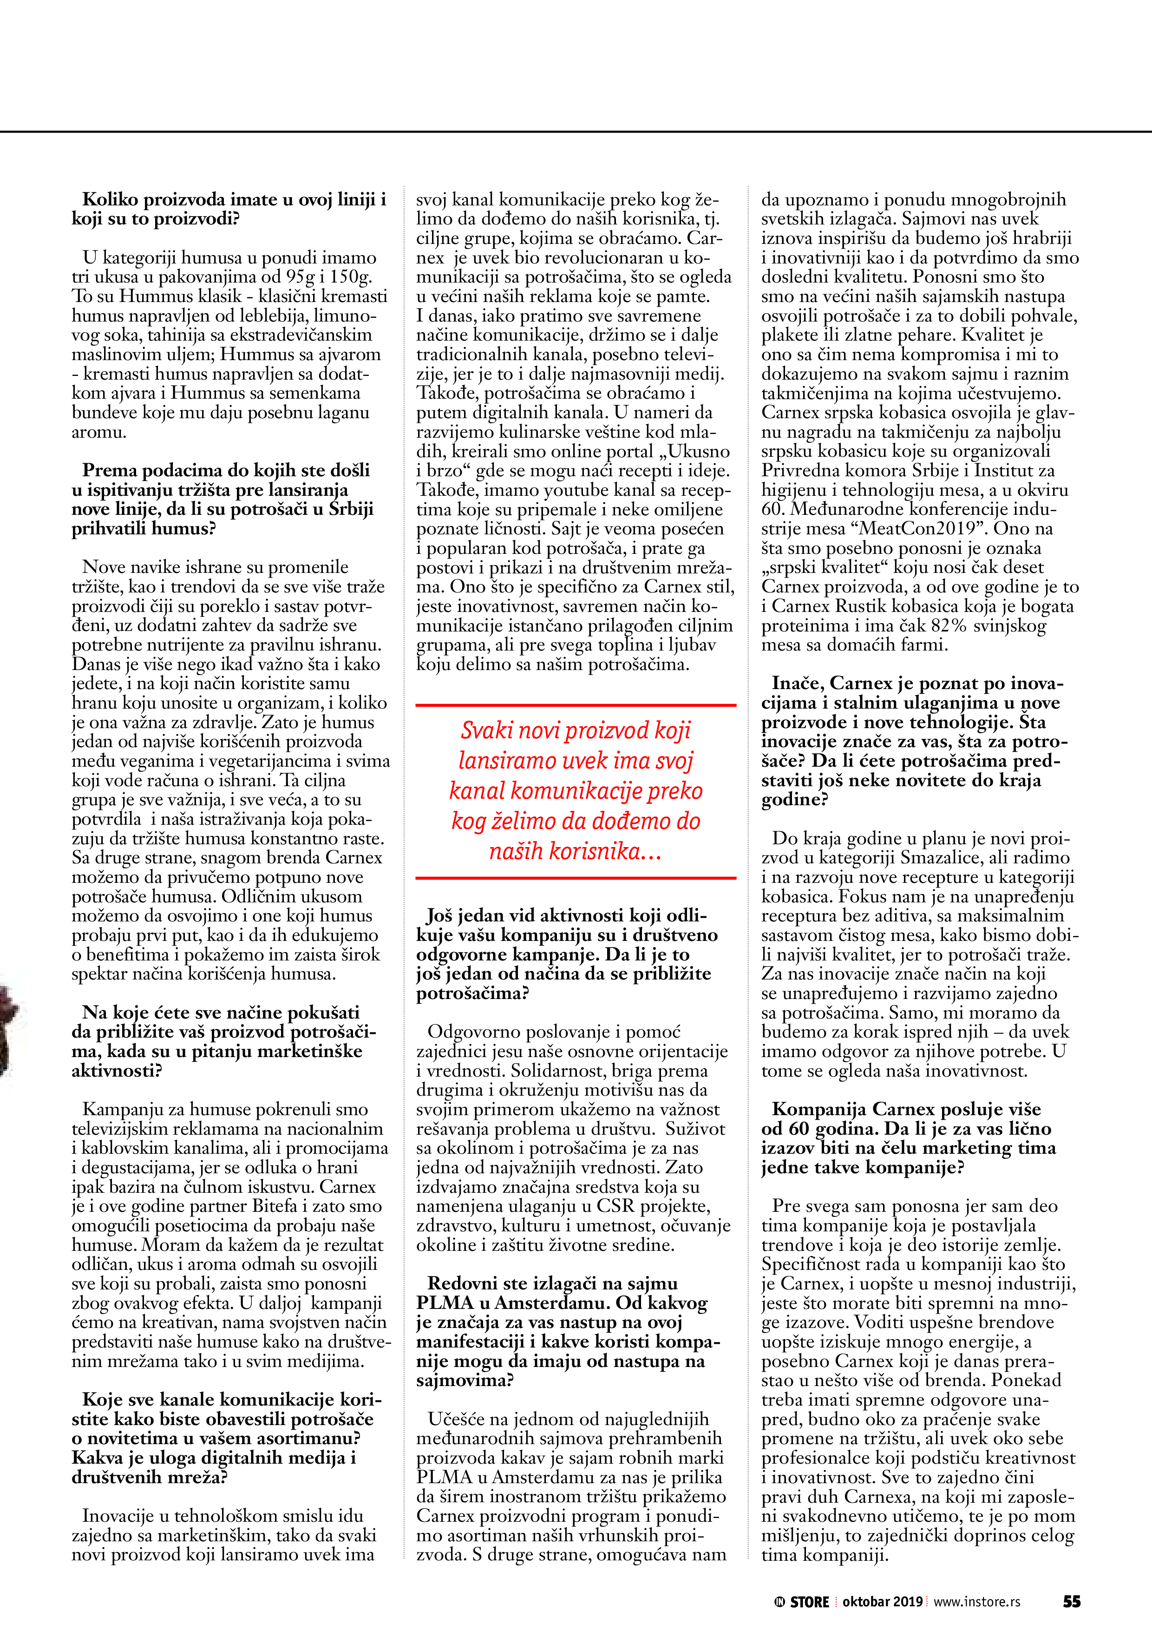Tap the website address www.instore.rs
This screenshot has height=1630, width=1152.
[x=977, y=1602]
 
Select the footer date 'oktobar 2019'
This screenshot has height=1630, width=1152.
[x=882, y=1602]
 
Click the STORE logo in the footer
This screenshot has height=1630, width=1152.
[x=802, y=1602]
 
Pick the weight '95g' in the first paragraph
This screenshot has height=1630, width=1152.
[x=303, y=277]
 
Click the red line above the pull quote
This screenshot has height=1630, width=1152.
[x=576, y=705]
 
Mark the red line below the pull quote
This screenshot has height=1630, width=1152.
[x=576, y=878]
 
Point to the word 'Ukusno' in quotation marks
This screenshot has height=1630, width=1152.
[x=698, y=452]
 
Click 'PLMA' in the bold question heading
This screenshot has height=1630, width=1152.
[x=445, y=1303]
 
